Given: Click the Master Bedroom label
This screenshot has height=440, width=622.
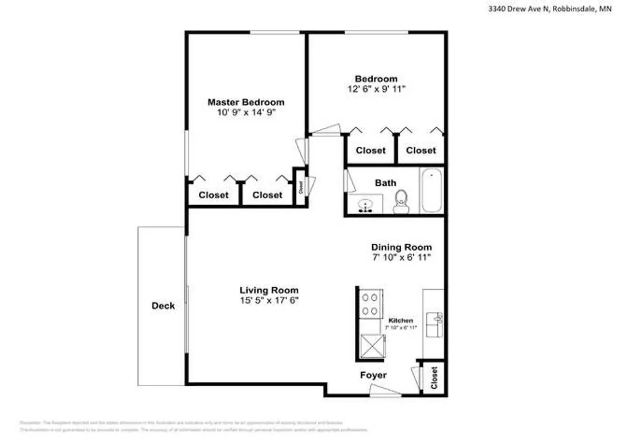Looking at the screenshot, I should click(x=246, y=102).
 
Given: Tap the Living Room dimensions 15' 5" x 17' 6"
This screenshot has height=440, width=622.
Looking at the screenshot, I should click(x=269, y=301).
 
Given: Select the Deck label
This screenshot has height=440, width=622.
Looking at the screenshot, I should click(x=163, y=306).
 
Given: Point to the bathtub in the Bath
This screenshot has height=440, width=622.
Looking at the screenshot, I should click(x=431, y=190).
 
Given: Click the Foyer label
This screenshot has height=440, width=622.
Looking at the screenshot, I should click(x=373, y=375).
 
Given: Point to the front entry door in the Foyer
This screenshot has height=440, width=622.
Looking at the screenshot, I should click(x=385, y=391).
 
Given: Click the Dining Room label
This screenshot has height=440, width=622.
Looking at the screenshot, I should click(x=401, y=247).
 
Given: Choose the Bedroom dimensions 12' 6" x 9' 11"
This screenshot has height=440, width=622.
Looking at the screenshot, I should click(x=376, y=89).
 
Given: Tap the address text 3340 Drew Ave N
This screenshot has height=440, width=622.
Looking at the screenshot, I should click(x=518, y=9).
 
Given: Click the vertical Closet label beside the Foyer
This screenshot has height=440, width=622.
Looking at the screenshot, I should click(x=434, y=378).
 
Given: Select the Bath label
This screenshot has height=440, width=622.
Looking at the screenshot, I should click(x=385, y=183).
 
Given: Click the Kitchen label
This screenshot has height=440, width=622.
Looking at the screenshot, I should click(x=400, y=321).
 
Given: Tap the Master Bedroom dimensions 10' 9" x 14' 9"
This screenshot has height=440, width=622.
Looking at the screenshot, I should click(x=246, y=112).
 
